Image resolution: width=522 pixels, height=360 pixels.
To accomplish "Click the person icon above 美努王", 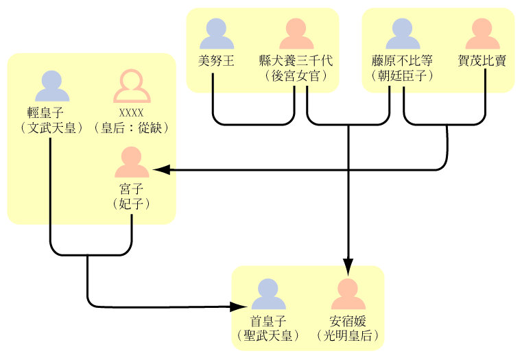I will pos(216,34).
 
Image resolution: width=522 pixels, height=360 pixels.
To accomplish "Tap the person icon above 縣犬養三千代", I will pos(296,34).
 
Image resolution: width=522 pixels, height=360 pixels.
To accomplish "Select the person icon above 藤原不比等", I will pos(403,34).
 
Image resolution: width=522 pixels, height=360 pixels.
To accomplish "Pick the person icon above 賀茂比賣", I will pos(482,34).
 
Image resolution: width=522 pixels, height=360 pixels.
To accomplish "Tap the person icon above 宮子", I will pos(131,163).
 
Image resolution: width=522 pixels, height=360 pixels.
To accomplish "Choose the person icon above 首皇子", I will pos(268,295).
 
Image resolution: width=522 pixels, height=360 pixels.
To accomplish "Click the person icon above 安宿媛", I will pos(348,295).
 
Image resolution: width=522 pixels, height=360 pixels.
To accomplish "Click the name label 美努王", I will pos(216,60).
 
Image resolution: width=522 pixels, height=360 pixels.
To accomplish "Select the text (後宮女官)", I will pos(296,75).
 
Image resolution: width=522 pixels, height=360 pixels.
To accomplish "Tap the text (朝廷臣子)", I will pos(403,75).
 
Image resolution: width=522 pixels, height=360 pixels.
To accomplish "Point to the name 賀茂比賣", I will pos(482,60).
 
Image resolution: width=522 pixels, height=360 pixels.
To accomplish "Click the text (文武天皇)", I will pos(52,128).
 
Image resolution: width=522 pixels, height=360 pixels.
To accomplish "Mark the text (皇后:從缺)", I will pos(131,128).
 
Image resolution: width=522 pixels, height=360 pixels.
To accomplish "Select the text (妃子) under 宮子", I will pos(131,204).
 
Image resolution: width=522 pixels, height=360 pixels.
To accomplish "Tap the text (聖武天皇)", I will pos(268,335).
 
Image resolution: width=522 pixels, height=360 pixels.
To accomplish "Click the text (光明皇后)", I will pos(348,335).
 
